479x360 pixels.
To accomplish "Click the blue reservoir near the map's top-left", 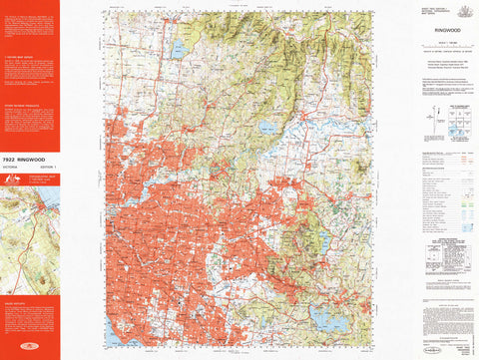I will (179, 48).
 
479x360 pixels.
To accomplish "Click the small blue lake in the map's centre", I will (266, 129).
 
